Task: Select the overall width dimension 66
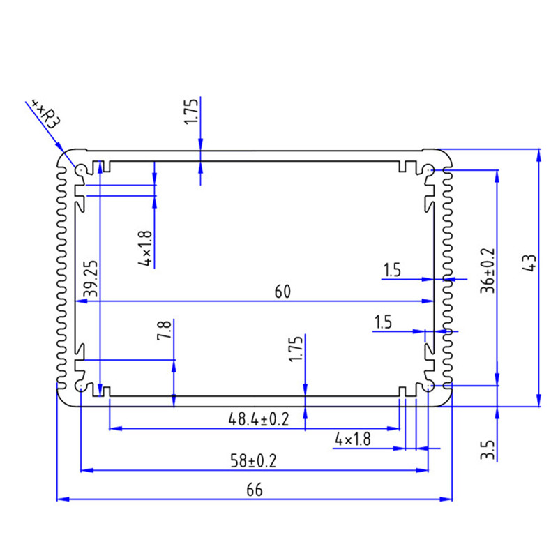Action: coord(254,490)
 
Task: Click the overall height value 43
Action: coord(528,263)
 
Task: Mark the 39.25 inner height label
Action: coord(89,280)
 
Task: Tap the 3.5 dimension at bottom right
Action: coord(488,448)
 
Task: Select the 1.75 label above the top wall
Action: coord(192,112)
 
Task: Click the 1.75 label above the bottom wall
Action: coord(296,349)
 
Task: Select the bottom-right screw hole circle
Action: coord(428,386)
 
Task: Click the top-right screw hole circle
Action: coord(428,169)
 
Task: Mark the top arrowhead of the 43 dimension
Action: coord(538,155)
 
